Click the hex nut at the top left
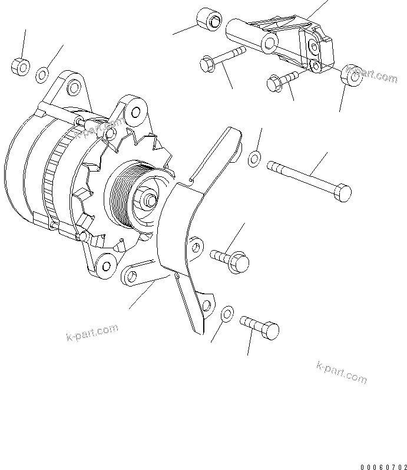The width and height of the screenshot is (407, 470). [21, 67]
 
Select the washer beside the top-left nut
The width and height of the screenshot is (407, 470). [42, 75]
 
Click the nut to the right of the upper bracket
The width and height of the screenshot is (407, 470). [352, 76]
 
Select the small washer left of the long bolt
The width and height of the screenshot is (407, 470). [254, 157]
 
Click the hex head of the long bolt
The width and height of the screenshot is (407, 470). [341, 192]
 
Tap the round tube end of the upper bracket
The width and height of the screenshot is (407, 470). [270, 42]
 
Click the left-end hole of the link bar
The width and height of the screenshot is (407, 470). [131, 275]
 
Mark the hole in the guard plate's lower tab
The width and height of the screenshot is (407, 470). [206, 303]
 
